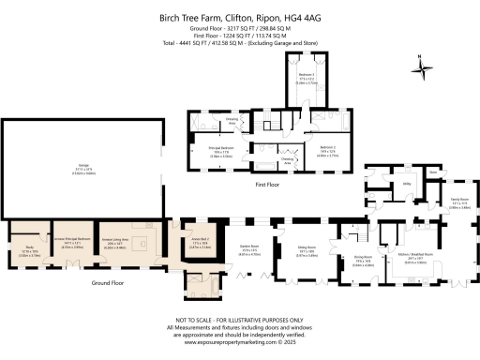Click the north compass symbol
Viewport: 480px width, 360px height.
[x=423, y=65]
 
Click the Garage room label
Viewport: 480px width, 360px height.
[x=83, y=165]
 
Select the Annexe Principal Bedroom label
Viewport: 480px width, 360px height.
[x=68, y=241]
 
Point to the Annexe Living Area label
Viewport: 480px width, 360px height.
[x=118, y=241]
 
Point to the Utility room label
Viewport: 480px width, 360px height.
[x=409, y=186]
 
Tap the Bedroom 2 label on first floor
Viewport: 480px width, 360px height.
[x=326, y=148]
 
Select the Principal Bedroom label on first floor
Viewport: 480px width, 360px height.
[x=220, y=148]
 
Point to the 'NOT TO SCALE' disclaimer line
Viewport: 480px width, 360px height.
[x=239, y=321]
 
